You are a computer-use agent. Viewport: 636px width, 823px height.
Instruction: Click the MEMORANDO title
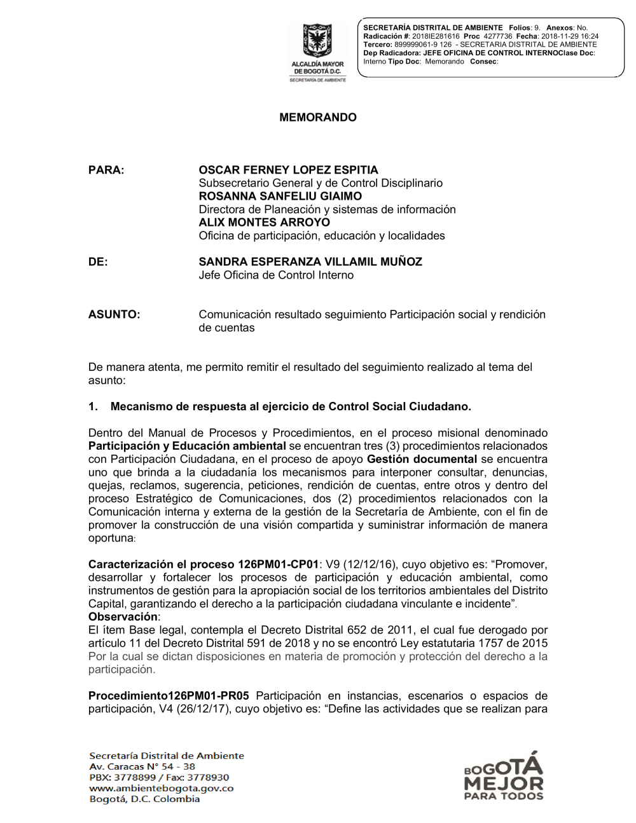coord(318,118)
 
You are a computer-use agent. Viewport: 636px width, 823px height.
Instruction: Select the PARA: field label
coord(106,170)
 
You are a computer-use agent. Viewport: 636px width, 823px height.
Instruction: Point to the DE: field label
coord(98,262)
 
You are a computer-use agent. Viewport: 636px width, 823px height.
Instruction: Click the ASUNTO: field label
coord(114,315)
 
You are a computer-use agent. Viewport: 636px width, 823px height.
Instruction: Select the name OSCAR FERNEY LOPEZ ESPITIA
coord(288,170)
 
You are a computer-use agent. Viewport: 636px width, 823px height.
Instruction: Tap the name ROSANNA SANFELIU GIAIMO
coord(280,197)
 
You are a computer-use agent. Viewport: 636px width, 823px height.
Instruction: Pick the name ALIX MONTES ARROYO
coord(264,223)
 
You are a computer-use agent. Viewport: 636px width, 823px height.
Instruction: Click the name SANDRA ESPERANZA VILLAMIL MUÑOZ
coord(310,262)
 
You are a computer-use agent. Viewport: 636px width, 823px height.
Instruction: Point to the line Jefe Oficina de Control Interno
coord(276,275)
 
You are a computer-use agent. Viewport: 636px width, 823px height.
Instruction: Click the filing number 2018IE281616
coord(436,37)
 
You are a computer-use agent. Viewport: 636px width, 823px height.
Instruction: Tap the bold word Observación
coord(123,617)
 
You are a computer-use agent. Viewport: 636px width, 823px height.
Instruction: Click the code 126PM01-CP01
coord(278,565)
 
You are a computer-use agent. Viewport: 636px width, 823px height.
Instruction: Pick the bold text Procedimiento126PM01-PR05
coord(169,696)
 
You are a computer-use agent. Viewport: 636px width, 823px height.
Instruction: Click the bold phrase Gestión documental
coord(422,459)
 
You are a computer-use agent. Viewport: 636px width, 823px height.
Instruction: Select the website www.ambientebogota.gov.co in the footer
coord(162,789)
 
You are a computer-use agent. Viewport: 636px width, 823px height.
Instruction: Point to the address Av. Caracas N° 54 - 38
coord(142,767)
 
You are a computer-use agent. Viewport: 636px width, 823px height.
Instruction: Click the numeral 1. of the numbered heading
coord(93,407)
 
